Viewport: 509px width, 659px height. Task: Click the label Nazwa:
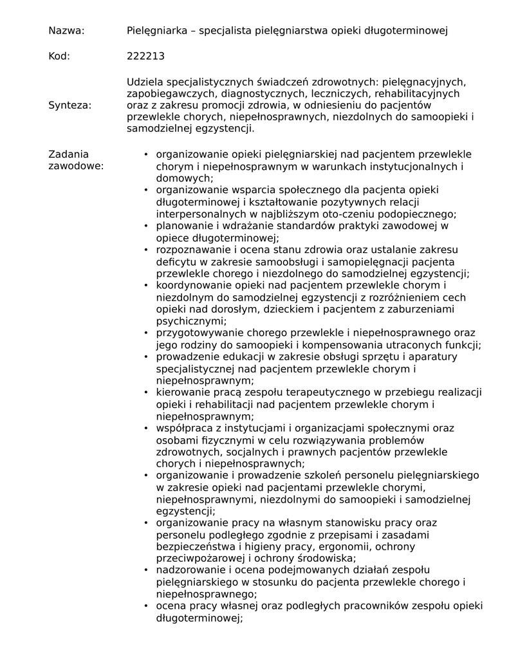click(x=66, y=30)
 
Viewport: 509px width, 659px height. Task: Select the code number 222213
click(x=145, y=56)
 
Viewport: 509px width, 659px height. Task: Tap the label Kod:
click(x=59, y=56)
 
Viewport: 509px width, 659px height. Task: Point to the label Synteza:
click(x=70, y=105)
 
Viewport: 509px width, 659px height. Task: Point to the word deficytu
click(x=175, y=262)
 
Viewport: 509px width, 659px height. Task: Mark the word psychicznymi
click(x=189, y=321)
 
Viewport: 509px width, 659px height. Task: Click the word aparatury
click(x=430, y=357)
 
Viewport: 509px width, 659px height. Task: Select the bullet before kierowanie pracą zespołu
click(x=146, y=393)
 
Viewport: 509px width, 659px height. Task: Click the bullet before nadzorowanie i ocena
click(x=146, y=570)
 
